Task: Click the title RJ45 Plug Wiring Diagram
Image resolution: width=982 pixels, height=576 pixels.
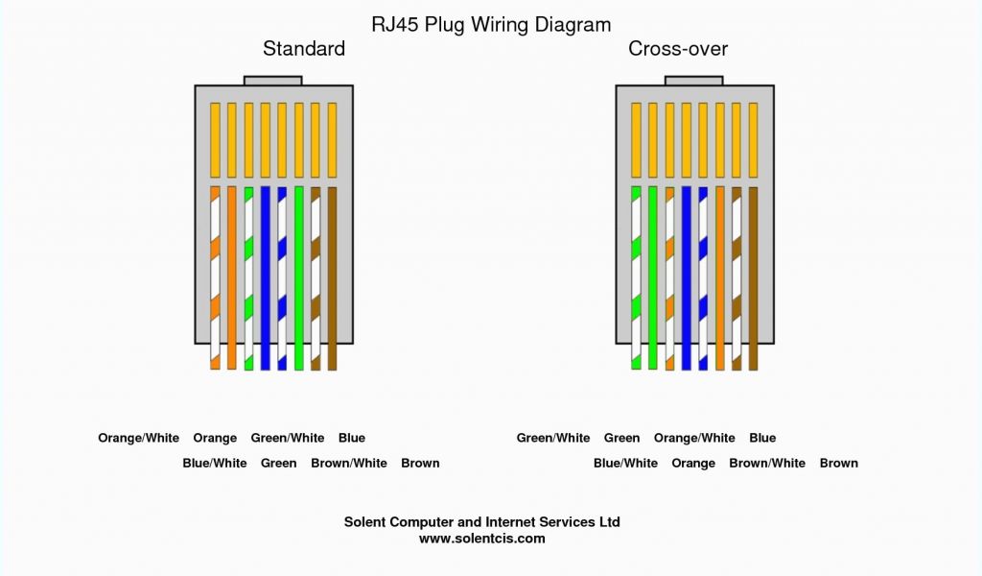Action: coord(491,25)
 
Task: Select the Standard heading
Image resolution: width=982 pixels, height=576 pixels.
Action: coord(304,49)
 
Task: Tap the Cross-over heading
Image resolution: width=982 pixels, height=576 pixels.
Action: coord(678,49)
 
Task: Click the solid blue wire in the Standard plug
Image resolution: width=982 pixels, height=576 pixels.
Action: coord(266,277)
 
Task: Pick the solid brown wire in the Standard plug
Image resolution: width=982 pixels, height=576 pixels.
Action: coord(332,277)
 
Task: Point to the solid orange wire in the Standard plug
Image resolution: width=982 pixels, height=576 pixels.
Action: coord(232,277)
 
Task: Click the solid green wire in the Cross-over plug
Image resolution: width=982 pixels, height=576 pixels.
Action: coord(652,277)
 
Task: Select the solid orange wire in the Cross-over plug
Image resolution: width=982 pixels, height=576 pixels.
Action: coord(719,277)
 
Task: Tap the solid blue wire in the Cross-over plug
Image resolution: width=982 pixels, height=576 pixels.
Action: coord(687,277)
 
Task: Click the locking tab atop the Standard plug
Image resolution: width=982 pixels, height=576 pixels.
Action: coord(273,81)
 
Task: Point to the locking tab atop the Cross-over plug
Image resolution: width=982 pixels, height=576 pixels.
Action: coord(694,81)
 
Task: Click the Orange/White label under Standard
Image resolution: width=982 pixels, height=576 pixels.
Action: coord(138,438)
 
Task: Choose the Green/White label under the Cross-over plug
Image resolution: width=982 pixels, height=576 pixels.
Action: coord(553,438)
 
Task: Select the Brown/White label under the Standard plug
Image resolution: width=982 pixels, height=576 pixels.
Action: coord(349,463)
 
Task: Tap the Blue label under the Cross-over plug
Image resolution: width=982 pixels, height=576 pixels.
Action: coord(762,438)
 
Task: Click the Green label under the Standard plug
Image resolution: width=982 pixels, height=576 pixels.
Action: coord(279,463)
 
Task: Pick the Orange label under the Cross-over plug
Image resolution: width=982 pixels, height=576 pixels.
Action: coord(693,464)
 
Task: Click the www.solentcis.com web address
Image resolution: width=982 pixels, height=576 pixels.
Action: coord(482,539)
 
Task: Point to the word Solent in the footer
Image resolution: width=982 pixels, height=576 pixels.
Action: coord(364,522)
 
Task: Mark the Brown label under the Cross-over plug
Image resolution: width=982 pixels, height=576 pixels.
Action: coord(838,463)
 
